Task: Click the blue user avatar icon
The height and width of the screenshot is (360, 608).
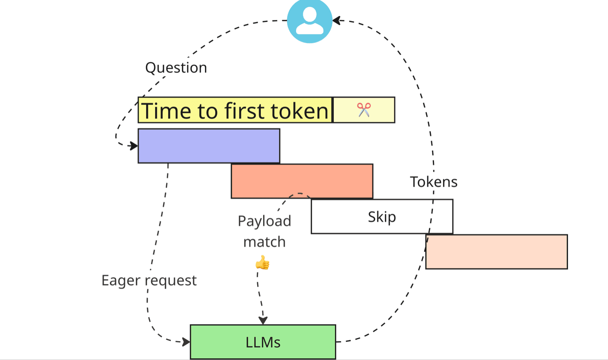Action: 309,20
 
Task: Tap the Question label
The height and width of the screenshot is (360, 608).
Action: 176,68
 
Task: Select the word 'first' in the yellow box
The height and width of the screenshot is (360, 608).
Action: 244,111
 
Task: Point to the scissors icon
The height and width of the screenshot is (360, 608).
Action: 364,110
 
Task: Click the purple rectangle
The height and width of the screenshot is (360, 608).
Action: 209,146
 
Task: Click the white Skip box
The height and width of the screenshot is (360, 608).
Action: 381,217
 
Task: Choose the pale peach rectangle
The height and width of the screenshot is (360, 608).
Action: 496,252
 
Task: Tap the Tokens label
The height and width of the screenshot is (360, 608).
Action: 434,182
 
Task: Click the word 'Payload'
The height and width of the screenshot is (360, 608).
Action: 264,221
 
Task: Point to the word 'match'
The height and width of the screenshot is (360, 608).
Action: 264,242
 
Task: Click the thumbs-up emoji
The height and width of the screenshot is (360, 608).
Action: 262,263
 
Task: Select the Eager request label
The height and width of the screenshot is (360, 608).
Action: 149,281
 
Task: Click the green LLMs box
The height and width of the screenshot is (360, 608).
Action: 263,342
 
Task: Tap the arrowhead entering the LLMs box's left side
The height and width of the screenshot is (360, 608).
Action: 186,342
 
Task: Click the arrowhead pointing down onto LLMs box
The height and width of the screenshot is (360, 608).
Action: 263,320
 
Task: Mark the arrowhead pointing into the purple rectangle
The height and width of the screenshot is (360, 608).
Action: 134,146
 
